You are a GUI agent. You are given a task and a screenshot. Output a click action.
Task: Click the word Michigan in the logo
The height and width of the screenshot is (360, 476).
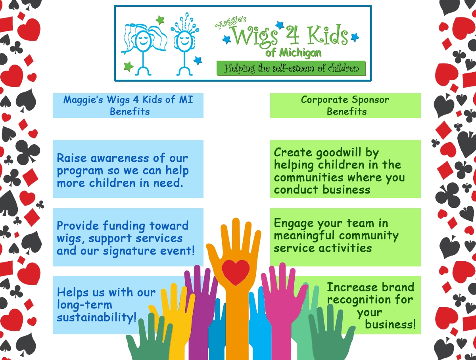(x=300, y=53)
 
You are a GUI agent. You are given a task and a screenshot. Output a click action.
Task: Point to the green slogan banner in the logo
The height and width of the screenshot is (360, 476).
(x=291, y=68)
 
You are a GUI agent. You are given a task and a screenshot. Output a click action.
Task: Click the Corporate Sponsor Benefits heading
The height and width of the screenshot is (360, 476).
(x=345, y=105)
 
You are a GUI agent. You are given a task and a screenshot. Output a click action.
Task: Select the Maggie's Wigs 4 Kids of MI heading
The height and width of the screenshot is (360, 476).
(x=128, y=105)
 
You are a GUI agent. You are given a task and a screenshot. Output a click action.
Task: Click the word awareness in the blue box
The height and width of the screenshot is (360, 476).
(x=120, y=158)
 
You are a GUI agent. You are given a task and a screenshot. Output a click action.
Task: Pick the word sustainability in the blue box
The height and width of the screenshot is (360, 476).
(x=97, y=317)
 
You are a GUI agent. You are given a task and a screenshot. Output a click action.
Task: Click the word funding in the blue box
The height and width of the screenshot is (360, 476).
(x=124, y=226)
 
